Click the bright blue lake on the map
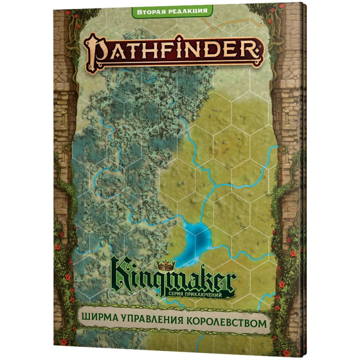[x=198, y=238]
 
